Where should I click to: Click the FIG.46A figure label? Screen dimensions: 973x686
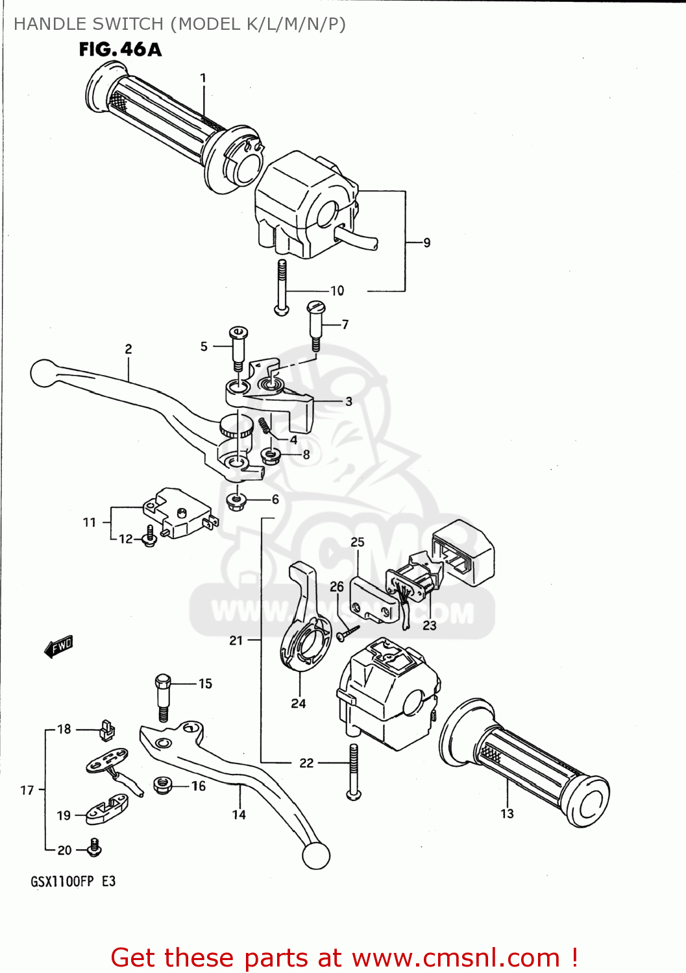[120, 49]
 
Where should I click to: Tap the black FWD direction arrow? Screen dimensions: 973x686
[59, 646]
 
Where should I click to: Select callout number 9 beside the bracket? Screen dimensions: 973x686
[426, 243]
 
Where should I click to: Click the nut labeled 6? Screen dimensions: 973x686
[236, 500]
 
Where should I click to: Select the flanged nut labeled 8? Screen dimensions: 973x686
[270, 455]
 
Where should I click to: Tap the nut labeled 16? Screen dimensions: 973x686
[163, 786]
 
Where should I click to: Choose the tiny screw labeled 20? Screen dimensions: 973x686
[95, 847]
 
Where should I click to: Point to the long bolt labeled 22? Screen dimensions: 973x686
[353, 772]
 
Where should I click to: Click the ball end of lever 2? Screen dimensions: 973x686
[43, 373]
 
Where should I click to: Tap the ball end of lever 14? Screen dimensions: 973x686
[316, 856]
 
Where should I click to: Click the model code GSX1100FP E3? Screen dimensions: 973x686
[73, 882]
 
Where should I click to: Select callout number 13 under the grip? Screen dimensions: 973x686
[507, 813]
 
